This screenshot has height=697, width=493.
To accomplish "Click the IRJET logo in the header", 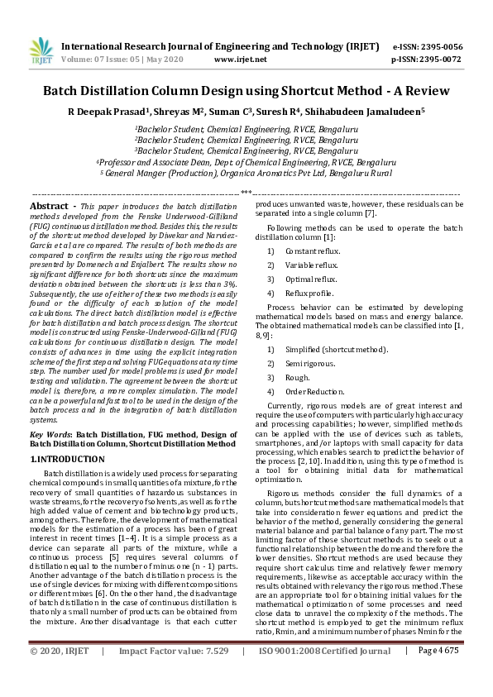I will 37,51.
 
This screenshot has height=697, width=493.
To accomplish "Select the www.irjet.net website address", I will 240,60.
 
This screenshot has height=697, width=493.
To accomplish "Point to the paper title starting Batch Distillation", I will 246,90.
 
